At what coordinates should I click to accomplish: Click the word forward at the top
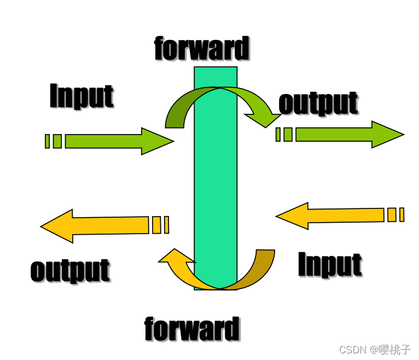tap(201, 49)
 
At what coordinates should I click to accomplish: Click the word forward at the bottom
tap(192, 329)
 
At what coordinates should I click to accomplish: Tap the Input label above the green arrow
tap(82, 96)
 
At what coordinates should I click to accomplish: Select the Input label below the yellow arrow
tap(330, 265)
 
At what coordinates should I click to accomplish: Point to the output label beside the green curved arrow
tap(318, 103)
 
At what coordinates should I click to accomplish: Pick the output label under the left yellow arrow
tap(70, 270)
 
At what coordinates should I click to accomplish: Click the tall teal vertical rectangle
tap(216, 181)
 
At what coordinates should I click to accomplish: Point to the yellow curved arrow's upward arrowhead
tap(174, 258)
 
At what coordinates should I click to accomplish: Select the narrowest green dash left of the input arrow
tap(47, 141)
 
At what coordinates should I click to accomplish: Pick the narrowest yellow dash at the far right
tap(401, 214)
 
